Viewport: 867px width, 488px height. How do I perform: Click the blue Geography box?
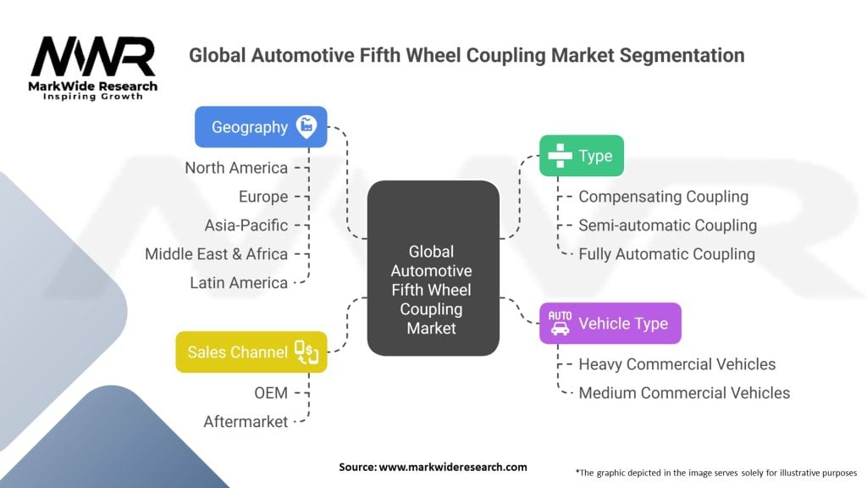point(261,127)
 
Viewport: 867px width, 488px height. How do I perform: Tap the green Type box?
point(582,156)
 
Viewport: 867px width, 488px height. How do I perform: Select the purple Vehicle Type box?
point(610,323)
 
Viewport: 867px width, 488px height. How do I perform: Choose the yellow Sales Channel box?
point(251,352)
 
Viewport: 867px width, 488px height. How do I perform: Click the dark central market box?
point(433,268)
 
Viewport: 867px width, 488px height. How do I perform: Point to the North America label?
point(236,168)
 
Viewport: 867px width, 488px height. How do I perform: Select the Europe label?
point(262,197)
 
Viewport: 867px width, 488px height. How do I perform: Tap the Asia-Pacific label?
point(246,225)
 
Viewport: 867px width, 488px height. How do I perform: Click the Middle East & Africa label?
point(216,253)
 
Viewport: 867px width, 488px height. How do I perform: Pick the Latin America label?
point(239,282)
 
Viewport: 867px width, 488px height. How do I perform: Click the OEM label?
point(270,392)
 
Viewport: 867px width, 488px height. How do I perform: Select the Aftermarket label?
point(246,421)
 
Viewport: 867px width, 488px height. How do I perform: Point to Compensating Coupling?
point(663,197)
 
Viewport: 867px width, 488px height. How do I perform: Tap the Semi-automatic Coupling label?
point(667,225)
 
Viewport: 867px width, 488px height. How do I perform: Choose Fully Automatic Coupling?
point(666,253)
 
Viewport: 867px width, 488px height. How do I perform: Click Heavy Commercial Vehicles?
point(676,364)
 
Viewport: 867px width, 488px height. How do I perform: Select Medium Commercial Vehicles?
point(684,393)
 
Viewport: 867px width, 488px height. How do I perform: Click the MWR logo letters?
point(93,58)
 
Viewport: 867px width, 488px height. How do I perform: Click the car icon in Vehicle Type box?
point(560,323)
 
